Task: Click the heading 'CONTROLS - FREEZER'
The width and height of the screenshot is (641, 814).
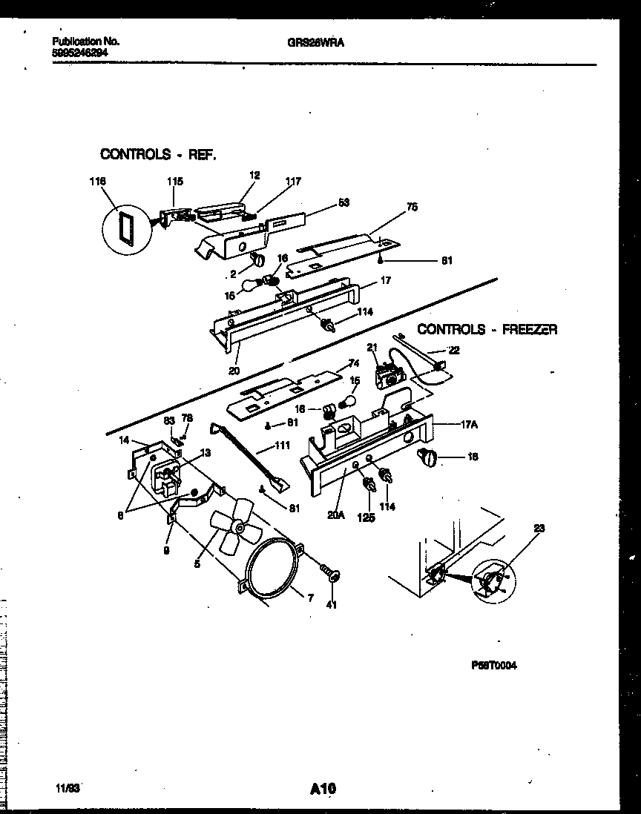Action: click(x=487, y=329)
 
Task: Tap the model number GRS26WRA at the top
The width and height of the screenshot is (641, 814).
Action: click(x=315, y=43)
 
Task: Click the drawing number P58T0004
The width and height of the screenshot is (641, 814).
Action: click(x=493, y=666)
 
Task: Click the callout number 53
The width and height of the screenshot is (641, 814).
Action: click(x=343, y=202)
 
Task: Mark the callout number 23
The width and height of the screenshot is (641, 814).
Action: click(x=539, y=528)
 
